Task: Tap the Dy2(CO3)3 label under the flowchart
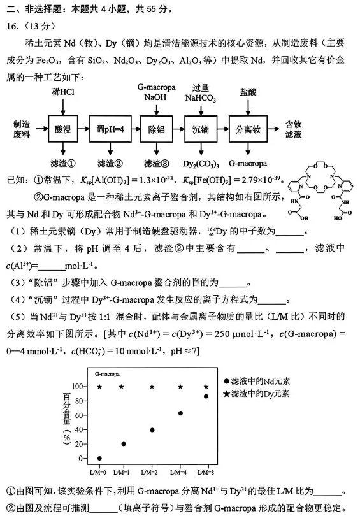(201, 164)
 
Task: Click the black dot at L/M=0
(99, 458)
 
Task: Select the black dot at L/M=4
(180, 413)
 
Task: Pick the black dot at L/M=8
(206, 396)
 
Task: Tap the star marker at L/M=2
(152, 387)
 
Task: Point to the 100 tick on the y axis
(78, 387)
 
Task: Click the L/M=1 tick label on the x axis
(124, 471)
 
